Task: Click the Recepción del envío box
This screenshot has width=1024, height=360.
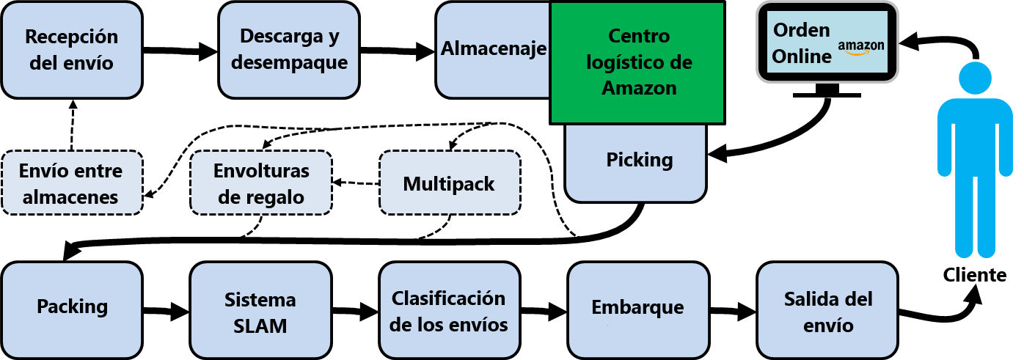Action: pyautogui.click(x=72, y=51)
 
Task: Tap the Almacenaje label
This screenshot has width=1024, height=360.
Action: pyautogui.click(x=494, y=49)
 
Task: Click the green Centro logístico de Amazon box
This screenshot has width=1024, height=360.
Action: pyautogui.click(x=638, y=62)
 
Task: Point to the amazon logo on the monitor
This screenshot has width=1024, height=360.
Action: pyautogui.click(x=860, y=47)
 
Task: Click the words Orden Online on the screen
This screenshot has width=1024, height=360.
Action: pyautogui.click(x=802, y=43)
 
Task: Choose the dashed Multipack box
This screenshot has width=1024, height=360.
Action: pyautogui.click(x=449, y=183)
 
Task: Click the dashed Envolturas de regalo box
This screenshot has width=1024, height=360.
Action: pyautogui.click(x=260, y=183)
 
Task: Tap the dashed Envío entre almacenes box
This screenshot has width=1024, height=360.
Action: pyautogui.click(x=71, y=183)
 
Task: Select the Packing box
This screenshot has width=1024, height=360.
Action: pyautogui.click(x=72, y=306)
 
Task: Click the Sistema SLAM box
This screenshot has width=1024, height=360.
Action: pyautogui.click(x=260, y=311)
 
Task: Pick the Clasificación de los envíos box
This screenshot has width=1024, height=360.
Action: pyautogui.click(x=449, y=311)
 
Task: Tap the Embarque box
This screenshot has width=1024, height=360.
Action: pyautogui.click(x=637, y=307)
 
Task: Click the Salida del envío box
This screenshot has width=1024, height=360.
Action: pyautogui.click(x=827, y=311)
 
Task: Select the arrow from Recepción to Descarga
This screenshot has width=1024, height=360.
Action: pyautogui.click(x=180, y=51)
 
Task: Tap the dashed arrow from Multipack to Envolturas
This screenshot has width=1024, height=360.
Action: pyautogui.click(x=355, y=182)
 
